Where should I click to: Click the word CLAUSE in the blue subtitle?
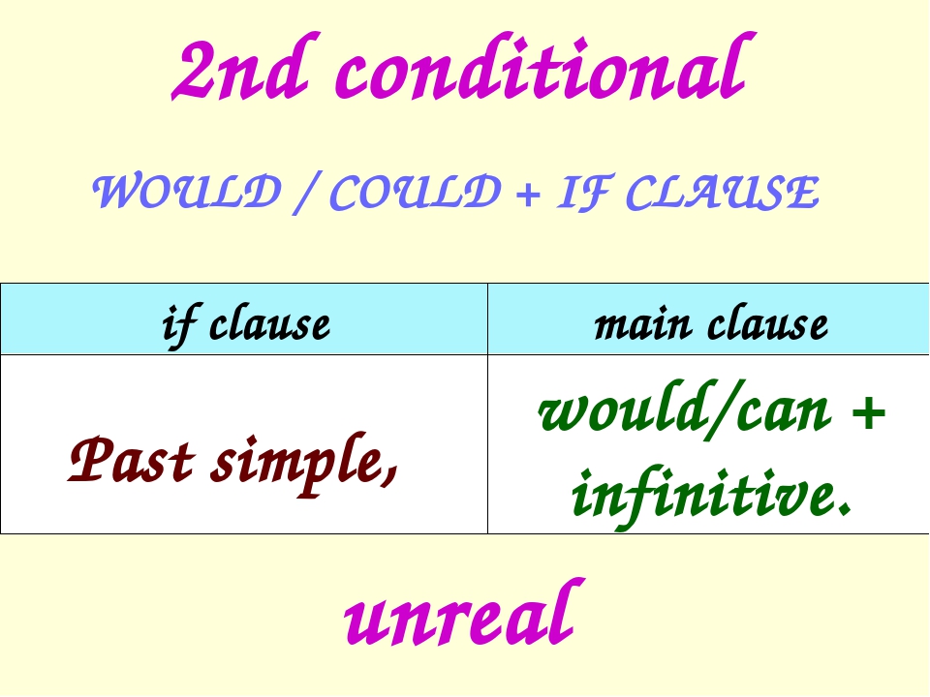click(x=720, y=194)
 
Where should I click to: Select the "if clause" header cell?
click(x=244, y=320)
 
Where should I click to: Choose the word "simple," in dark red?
click(x=306, y=461)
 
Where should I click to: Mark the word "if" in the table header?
click(x=176, y=322)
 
